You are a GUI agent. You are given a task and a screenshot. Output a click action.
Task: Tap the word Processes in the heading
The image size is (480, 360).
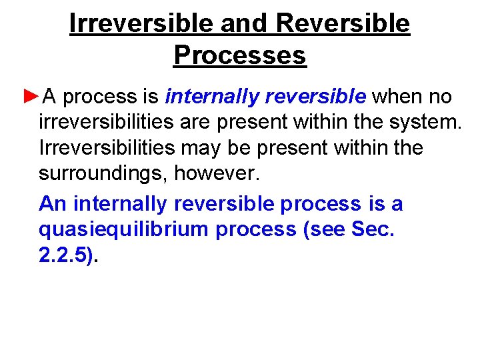pyautogui.click(x=239, y=55)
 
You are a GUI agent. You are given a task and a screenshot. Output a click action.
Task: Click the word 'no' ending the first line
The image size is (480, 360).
pyautogui.click(x=440, y=97)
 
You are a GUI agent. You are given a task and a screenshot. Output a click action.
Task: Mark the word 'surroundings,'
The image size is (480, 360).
pyautogui.click(x=103, y=174)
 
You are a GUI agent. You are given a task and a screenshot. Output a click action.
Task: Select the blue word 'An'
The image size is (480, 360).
pyautogui.click(x=53, y=203)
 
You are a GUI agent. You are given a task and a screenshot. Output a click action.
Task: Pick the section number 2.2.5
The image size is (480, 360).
pyautogui.click(x=65, y=255)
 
